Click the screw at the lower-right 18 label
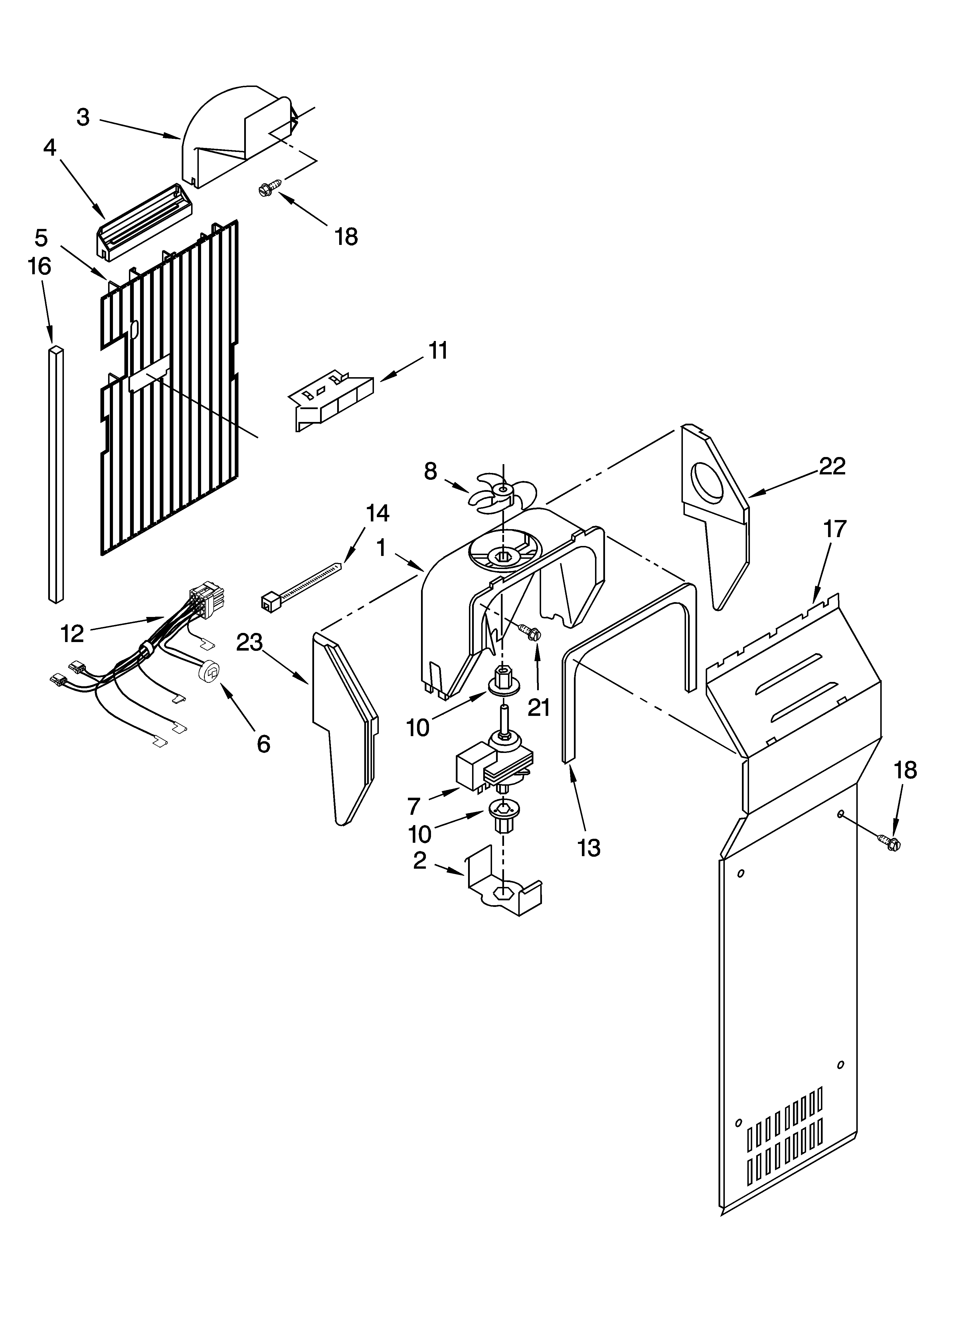[889, 841]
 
